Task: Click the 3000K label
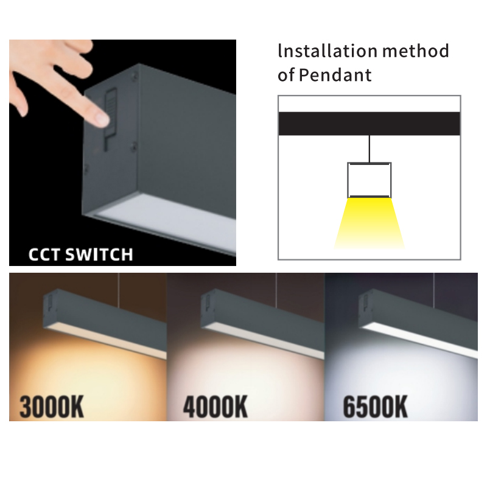tap(52, 407)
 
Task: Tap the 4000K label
tap(215, 407)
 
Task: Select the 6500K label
tap(375, 407)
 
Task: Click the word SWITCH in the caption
tap(99, 254)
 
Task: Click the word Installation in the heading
tap(328, 51)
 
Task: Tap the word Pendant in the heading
tap(335, 75)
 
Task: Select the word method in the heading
tap(416, 51)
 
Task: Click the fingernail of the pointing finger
tap(102, 119)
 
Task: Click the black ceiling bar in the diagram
tap(370, 124)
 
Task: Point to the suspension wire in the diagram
tap(370, 149)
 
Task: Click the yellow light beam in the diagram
tap(370, 223)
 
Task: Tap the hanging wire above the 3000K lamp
tap(119, 290)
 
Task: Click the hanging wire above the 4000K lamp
tap(276, 290)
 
